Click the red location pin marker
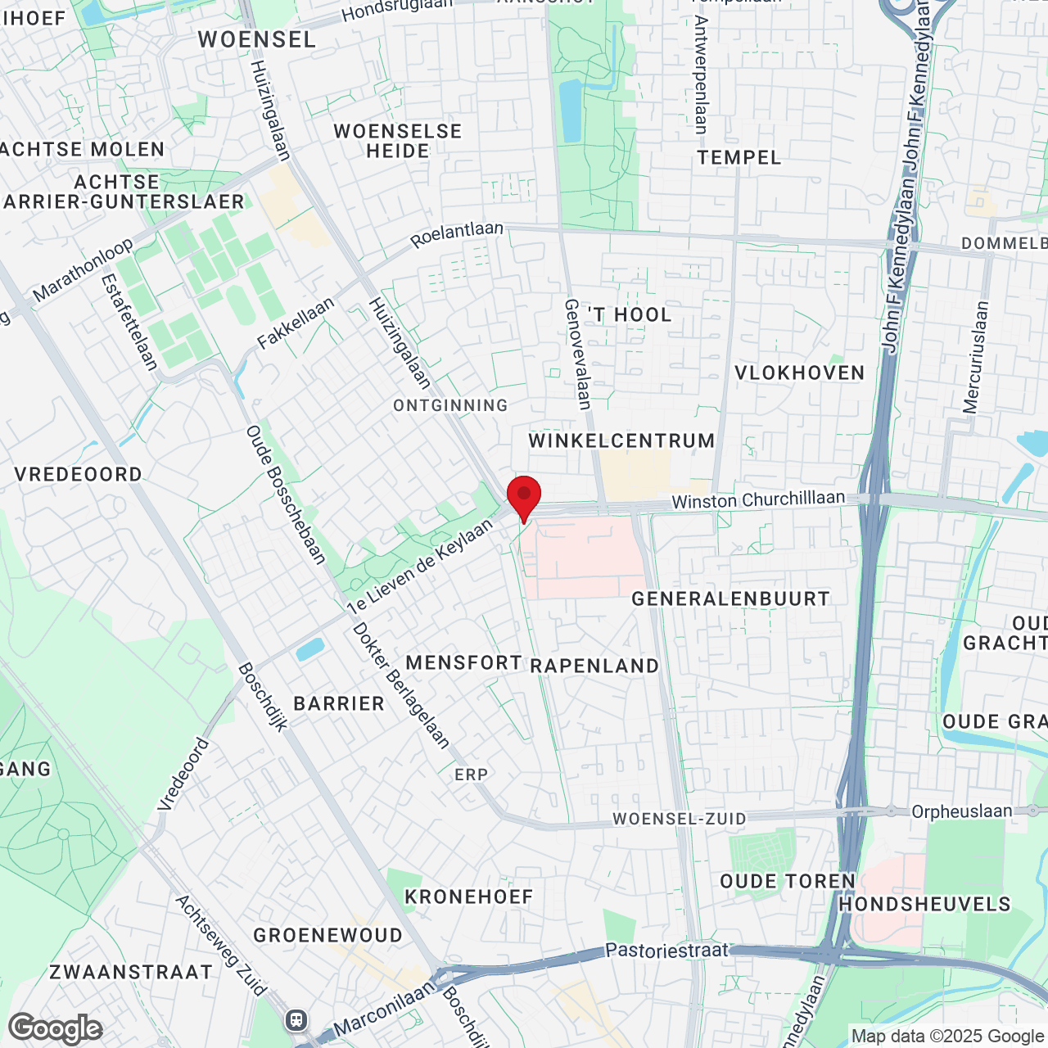point(524,496)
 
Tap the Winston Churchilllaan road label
point(758,499)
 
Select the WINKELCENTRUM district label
point(621,440)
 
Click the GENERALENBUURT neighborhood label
point(730,599)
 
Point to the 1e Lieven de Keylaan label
point(420,566)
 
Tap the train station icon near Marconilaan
point(296,1020)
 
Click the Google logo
point(55,1028)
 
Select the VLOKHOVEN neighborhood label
point(799,373)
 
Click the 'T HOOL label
point(630,314)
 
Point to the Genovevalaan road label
point(577,354)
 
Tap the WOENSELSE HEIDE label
point(398,141)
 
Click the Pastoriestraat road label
point(666,951)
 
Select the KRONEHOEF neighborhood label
point(468,897)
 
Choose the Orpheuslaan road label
point(962,811)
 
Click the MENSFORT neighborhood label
point(463,662)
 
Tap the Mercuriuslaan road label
point(976,357)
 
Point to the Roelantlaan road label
point(457,234)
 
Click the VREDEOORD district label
point(78,474)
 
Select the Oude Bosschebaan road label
point(286,495)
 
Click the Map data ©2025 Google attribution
point(947,1036)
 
